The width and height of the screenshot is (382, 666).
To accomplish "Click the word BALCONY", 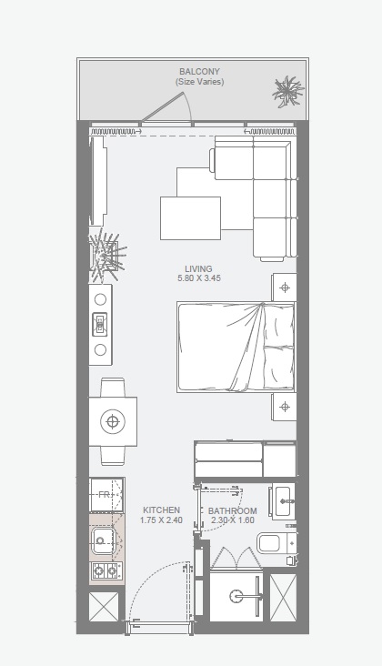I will pos(198,71).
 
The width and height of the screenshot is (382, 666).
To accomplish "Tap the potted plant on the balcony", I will pos(288,91).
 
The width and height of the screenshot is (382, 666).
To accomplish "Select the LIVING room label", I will pos(198,269).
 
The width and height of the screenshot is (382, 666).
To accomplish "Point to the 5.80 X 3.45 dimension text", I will pos(198,278).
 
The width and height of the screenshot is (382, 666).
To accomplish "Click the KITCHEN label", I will pos(161,510).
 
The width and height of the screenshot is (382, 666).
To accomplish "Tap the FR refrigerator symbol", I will pos(106,495).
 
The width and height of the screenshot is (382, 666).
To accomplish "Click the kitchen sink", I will pos(103,541).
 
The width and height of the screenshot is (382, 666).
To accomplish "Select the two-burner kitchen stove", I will pos(106,571).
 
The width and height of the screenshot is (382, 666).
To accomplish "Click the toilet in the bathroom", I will pos(273,544).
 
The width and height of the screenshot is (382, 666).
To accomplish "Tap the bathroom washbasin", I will pos(283,500).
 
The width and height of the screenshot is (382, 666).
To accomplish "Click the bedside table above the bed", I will pos(285,288).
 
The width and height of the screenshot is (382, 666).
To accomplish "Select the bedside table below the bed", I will pos(285,406).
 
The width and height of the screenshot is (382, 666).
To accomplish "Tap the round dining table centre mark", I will pos(112,421).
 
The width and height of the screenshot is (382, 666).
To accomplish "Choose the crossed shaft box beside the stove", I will pos(104,606).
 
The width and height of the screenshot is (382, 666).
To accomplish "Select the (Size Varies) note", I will pos(199,82).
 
